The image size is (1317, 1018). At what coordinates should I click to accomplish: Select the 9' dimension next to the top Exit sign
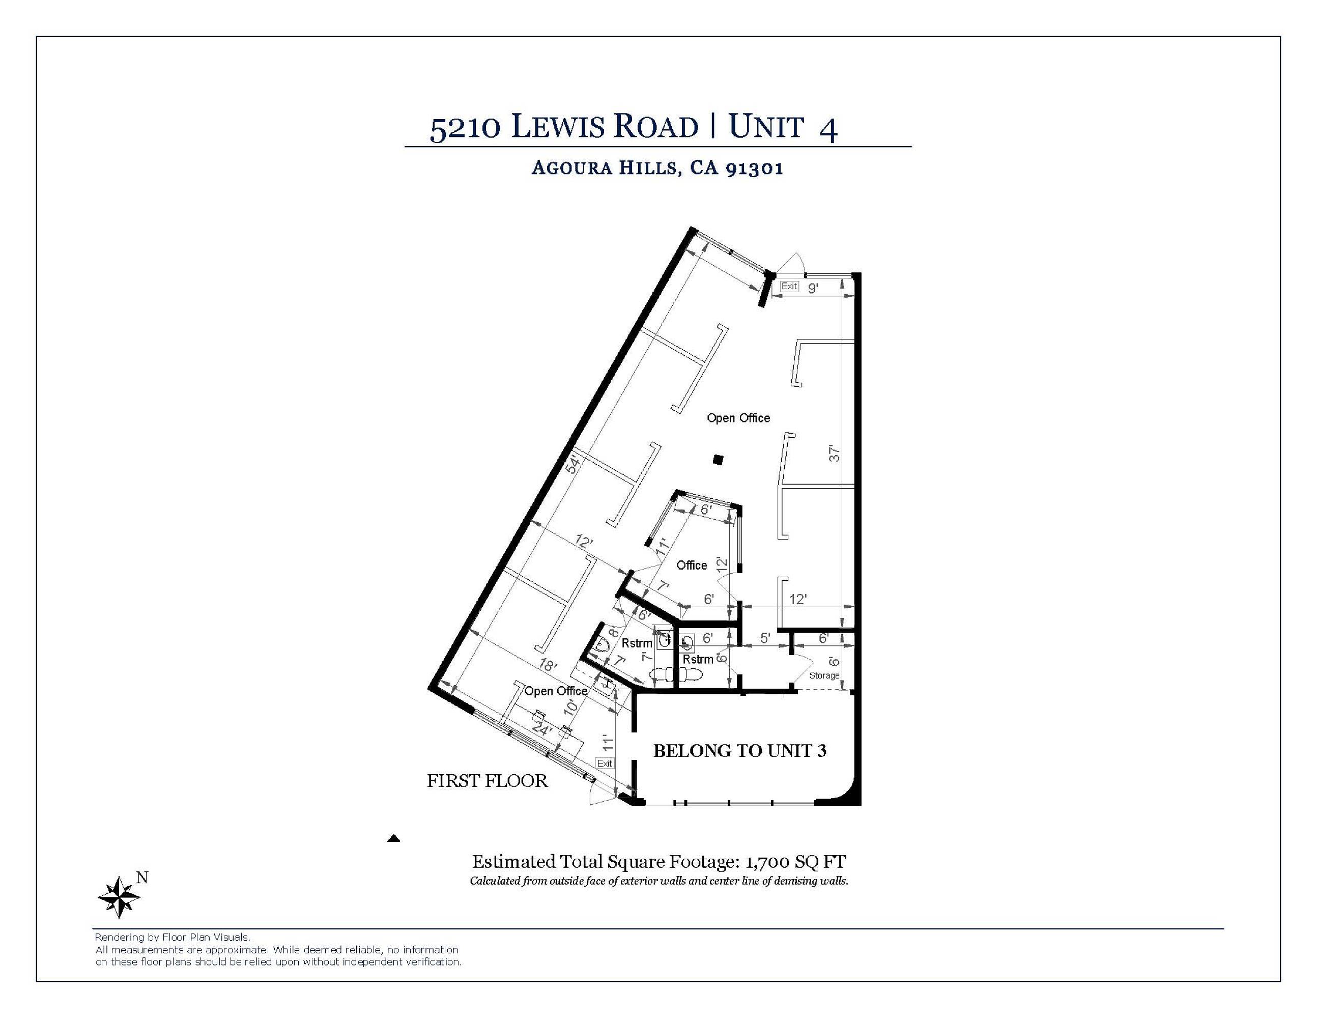813,288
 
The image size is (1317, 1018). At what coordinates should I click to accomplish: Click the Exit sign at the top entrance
789,286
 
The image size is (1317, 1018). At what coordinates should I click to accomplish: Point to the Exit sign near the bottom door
604,763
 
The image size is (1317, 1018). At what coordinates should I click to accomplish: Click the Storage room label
824,675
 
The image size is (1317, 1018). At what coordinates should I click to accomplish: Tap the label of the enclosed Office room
692,565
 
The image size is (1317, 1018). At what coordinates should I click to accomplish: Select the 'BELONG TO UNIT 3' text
740,750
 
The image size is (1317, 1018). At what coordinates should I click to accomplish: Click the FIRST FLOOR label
487,781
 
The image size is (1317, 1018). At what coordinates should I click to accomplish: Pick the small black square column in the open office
718,460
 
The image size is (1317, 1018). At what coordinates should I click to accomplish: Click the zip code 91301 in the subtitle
754,167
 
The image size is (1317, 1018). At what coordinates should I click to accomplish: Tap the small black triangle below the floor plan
394,838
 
